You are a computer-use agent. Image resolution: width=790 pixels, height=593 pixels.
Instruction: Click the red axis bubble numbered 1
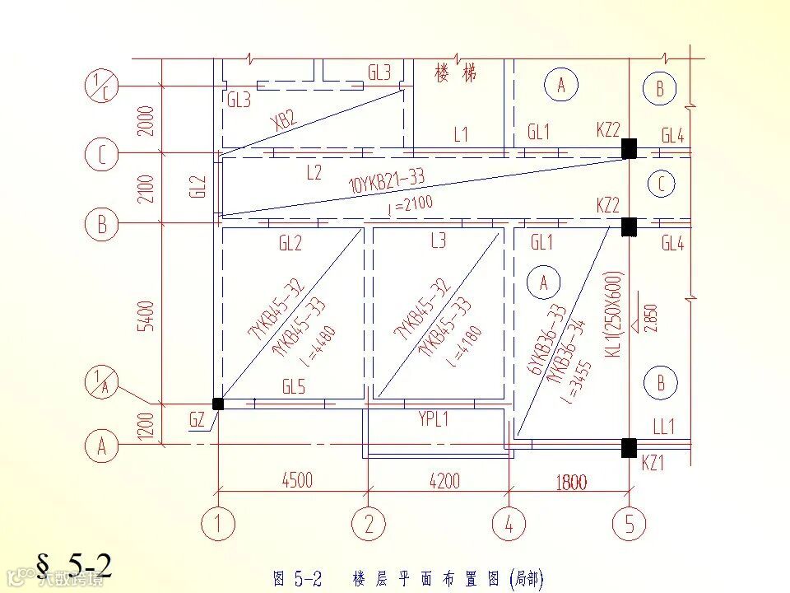(x=218, y=524)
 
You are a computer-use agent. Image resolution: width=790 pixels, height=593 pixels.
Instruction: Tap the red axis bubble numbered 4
(x=509, y=524)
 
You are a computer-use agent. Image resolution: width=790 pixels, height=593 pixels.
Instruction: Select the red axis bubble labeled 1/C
(x=101, y=86)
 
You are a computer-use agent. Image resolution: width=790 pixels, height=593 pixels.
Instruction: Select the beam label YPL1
(x=434, y=419)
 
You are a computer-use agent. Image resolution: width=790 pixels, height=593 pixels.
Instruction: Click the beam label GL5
(x=294, y=386)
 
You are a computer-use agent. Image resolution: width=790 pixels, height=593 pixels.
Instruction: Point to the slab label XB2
(x=282, y=121)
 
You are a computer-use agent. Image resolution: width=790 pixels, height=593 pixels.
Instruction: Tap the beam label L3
(x=438, y=240)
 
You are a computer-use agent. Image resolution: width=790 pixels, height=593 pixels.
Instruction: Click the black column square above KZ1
(x=629, y=447)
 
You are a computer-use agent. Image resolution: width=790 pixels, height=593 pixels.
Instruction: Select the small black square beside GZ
(x=218, y=404)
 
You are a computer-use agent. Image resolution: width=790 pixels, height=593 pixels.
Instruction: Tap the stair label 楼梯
(x=455, y=73)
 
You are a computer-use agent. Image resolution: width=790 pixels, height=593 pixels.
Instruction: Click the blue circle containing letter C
(x=660, y=184)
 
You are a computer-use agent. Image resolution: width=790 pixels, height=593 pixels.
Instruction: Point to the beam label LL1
(x=663, y=427)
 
